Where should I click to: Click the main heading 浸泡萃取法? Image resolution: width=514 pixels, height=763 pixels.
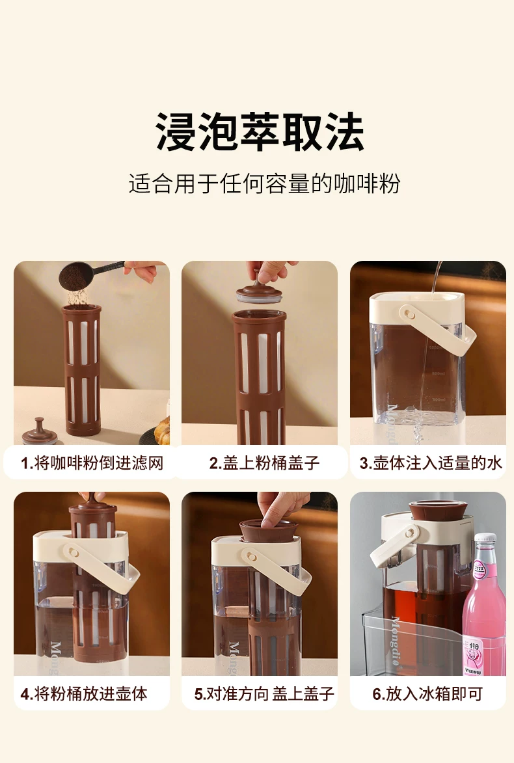[x=260, y=132]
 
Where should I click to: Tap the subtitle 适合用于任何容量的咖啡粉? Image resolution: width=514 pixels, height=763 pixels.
[x=264, y=183]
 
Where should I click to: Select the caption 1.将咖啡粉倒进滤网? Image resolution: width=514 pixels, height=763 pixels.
[x=92, y=462]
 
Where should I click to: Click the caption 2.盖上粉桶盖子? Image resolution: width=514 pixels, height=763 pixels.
[x=264, y=462]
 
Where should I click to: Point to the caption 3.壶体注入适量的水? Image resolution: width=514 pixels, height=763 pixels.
[x=430, y=462]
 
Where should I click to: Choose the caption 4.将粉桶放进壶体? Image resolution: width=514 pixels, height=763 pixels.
[x=84, y=693]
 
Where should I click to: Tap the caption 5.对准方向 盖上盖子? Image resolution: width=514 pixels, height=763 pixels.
[x=264, y=693]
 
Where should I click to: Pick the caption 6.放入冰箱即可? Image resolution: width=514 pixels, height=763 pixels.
[x=427, y=693]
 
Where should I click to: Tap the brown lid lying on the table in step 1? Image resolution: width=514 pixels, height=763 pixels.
[x=40, y=432]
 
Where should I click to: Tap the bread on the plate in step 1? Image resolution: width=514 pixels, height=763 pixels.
[x=163, y=430]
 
